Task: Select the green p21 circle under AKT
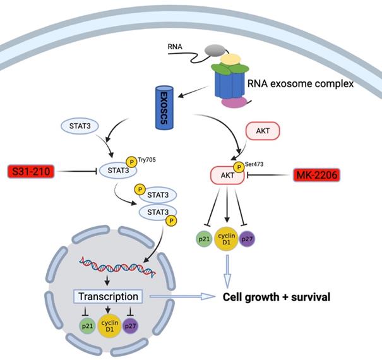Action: click(x=204, y=239)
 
